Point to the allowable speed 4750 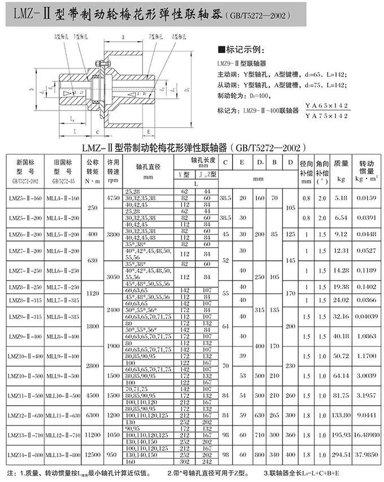tap(113, 198)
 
